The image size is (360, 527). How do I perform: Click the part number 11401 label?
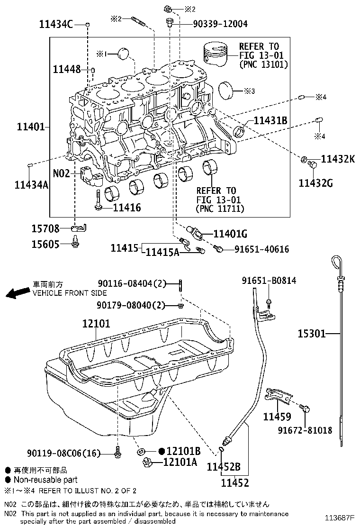pos(31,127)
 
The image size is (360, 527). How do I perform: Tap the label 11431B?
pos(270,120)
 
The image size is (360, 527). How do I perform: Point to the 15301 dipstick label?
pos(311,334)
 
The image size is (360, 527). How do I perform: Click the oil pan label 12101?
pos(96,324)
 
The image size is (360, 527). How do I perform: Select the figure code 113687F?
pos(340,518)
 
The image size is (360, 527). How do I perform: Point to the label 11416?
pos(127,208)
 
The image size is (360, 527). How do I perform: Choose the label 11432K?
pos(338,159)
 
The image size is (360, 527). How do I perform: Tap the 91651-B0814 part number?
pos(274,281)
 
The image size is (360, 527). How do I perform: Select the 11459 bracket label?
pos(277,417)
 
